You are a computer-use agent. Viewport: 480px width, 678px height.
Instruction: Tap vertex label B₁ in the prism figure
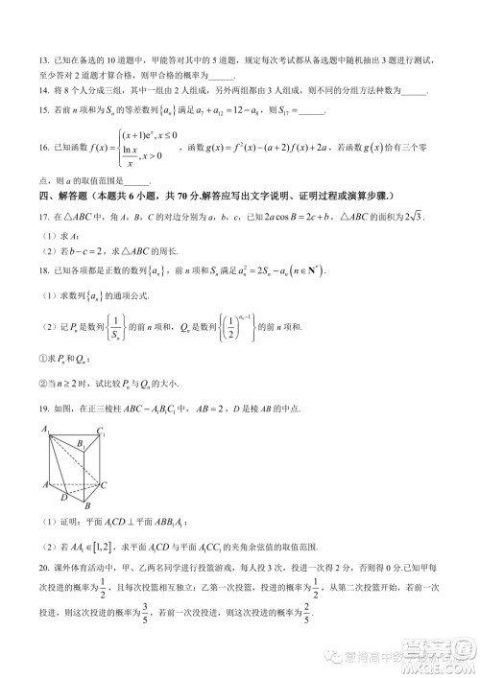[x=84, y=444]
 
